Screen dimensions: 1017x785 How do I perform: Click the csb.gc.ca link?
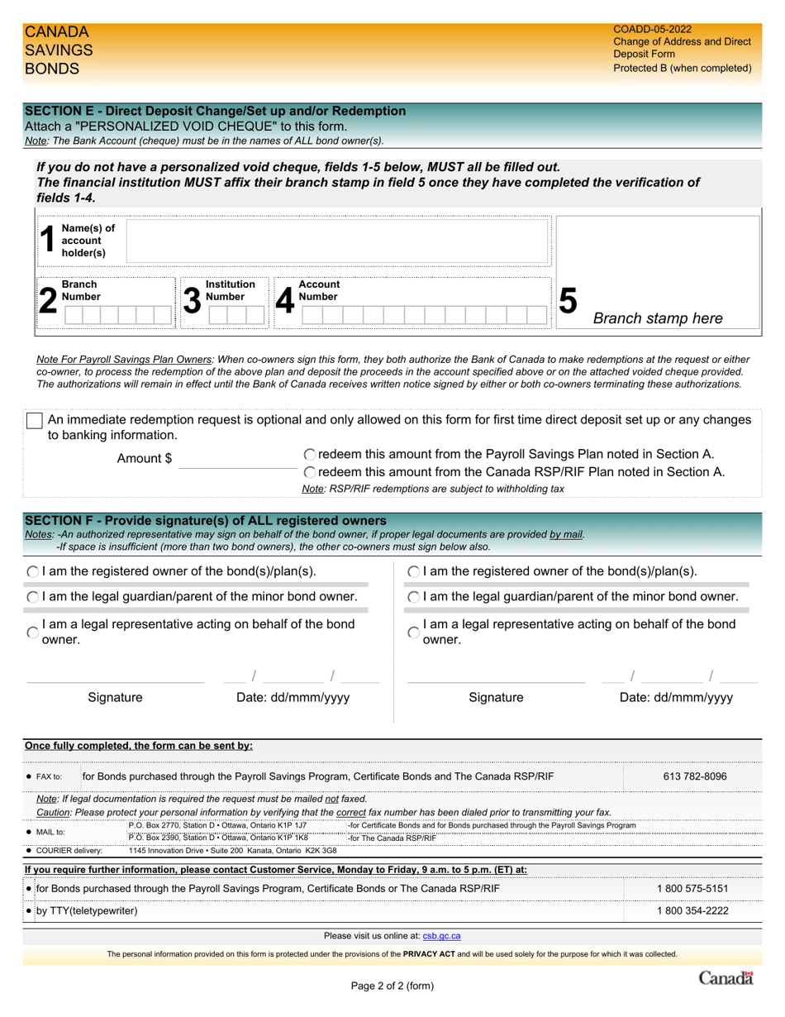(x=441, y=936)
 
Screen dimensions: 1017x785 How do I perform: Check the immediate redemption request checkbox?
(x=35, y=420)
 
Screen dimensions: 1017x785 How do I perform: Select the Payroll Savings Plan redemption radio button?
(x=309, y=454)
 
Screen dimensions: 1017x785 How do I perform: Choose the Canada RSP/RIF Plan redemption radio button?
(x=309, y=472)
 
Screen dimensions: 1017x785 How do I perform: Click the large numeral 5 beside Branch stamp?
(x=568, y=301)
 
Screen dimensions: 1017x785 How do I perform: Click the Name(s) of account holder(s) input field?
(x=337, y=241)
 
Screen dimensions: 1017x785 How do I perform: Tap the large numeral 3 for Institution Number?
(x=192, y=300)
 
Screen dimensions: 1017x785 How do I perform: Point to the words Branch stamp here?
(x=658, y=318)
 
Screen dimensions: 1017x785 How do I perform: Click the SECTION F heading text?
(x=205, y=521)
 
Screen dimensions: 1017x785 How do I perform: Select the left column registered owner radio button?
(x=32, y=571)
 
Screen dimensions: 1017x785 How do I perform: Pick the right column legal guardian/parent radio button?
(x=413, y=597)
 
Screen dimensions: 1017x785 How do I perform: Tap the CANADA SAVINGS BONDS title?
(x=58, y=50)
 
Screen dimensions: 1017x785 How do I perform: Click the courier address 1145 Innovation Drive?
(x=232, y=850)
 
